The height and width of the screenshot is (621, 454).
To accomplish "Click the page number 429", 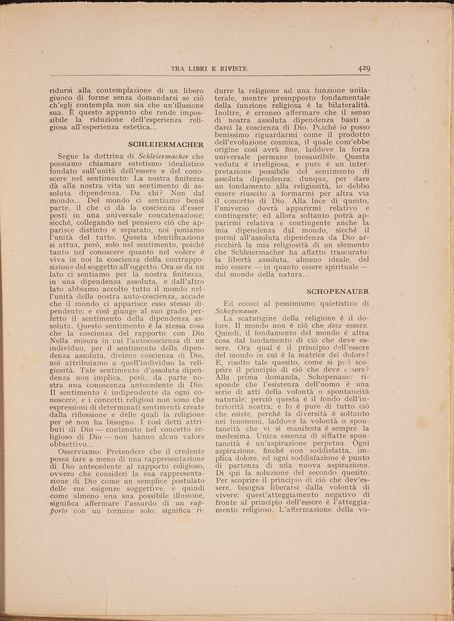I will [x=364, y=69].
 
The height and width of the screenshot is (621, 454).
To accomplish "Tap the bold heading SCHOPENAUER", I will [x=338, y=291].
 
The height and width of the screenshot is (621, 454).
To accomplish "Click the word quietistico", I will [x=340, y=303].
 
